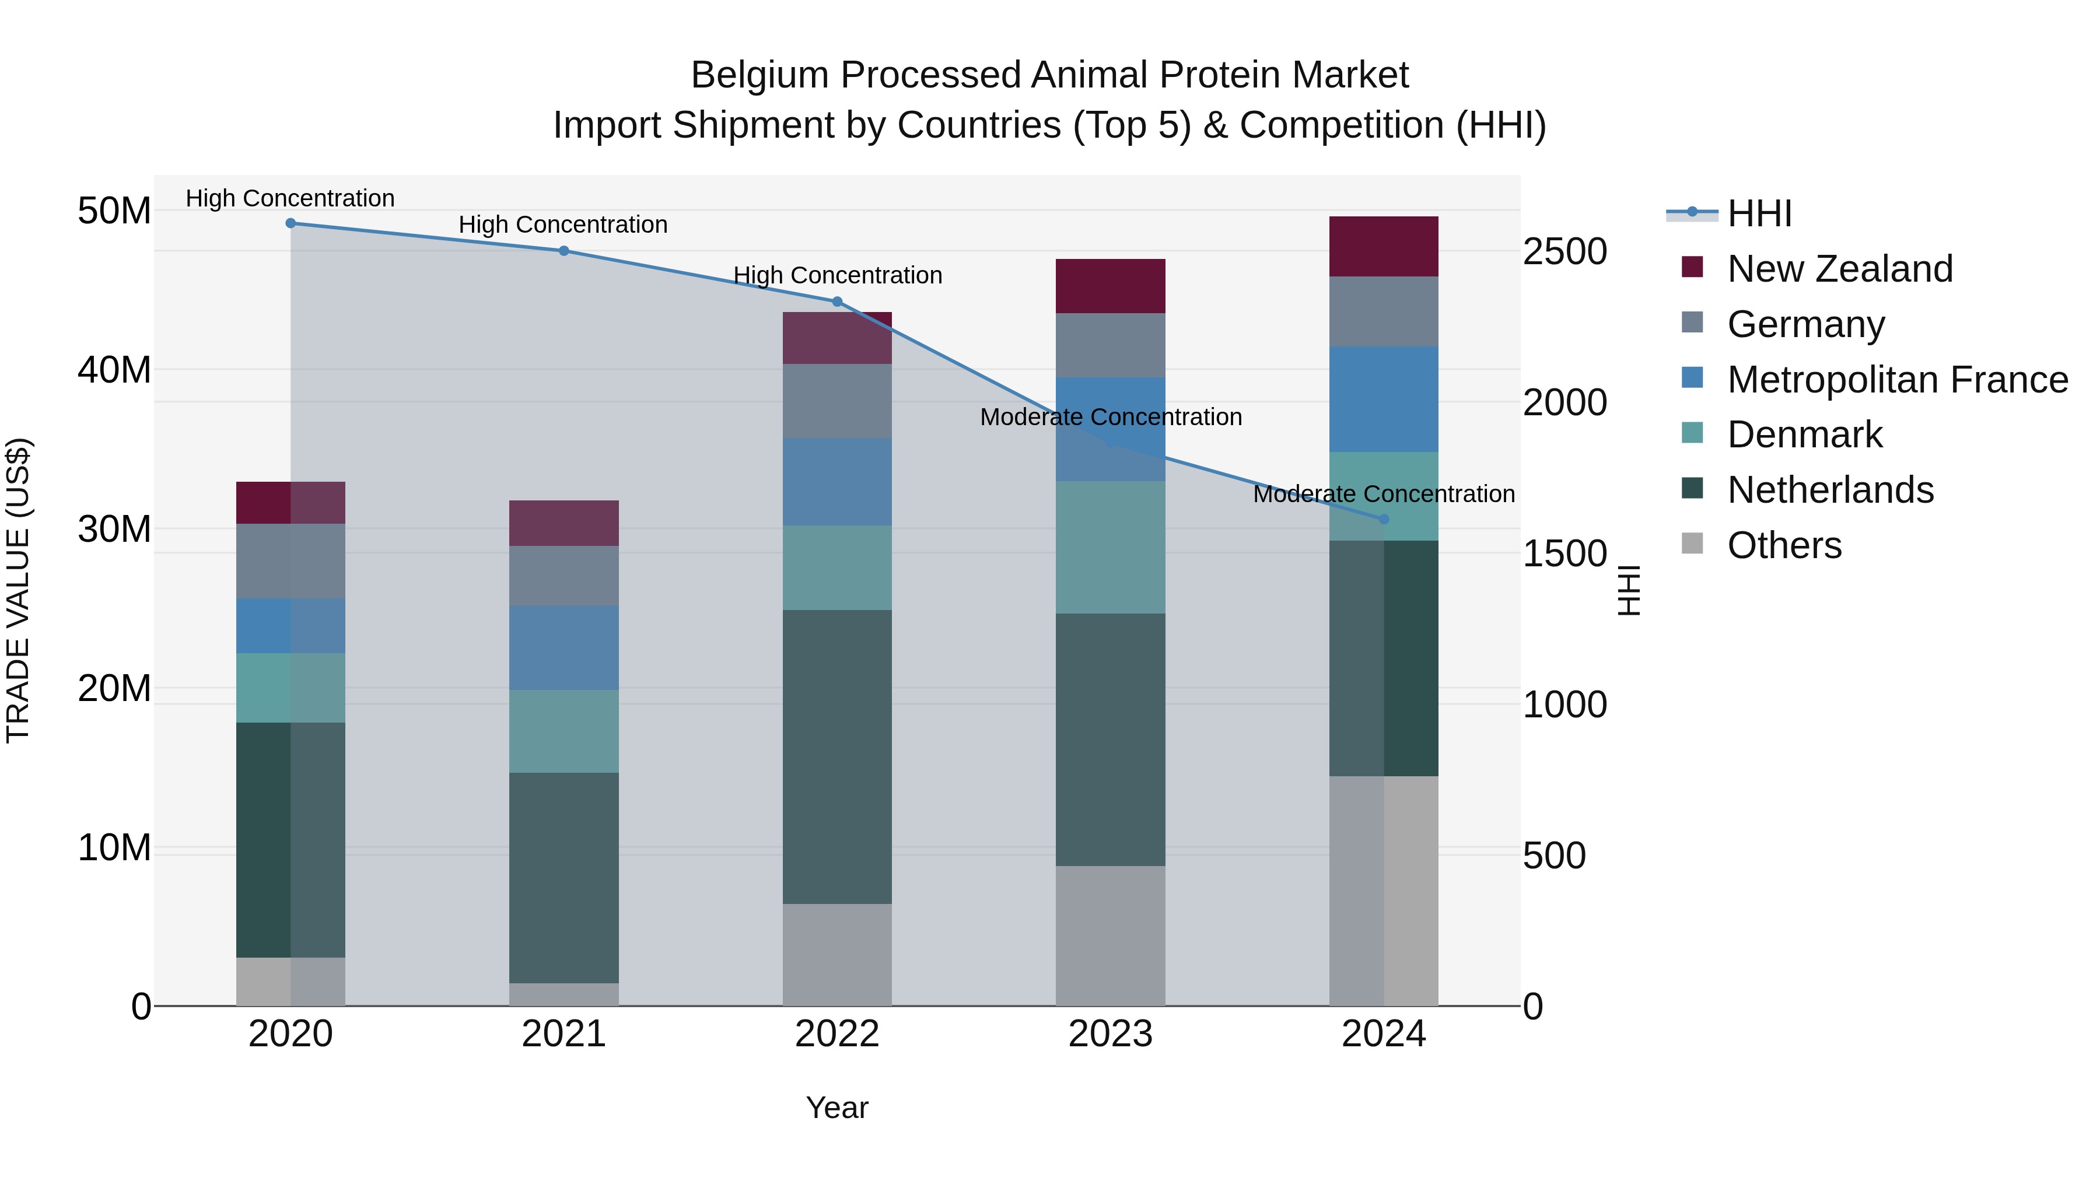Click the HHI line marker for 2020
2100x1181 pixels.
click(290, 223)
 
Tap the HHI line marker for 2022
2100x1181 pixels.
click(836, 302)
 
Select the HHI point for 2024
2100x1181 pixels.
click(1384, 519)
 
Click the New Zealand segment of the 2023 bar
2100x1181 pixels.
click(1110, 286)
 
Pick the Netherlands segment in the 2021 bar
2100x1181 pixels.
click(564, 877)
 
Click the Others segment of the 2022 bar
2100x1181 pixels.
click(836, 954)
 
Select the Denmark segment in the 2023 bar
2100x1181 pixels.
click(1110, 547)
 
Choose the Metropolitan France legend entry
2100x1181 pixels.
click(1897, 380)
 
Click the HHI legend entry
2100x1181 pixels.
click(1759, 213)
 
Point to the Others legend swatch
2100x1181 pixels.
click(1692, 544)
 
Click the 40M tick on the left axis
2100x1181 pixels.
click(114, 370)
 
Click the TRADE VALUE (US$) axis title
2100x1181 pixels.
click(18, 590)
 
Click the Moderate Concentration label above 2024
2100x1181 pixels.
click(1384, 494)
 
